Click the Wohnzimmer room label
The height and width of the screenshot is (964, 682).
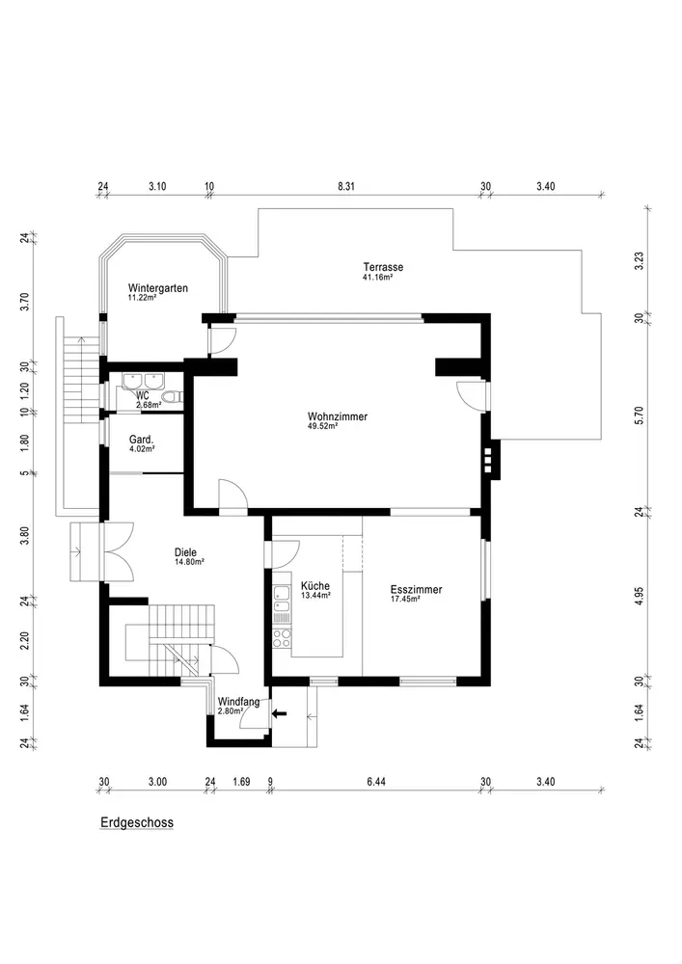[x=338, y=416]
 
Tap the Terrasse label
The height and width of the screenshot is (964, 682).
[x=383, y=267]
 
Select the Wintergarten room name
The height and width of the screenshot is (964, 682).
[x=158, y=287]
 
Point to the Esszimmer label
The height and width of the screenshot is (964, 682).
[x=417, y=590]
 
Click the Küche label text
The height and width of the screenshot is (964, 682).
[x=315, y=586]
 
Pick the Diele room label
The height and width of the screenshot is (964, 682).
[x=186, y=552]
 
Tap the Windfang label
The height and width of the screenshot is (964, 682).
[x=238, y=702]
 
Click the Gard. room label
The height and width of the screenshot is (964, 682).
[x=142, y=440]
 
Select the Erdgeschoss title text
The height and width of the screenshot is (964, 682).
[x=137, y=822]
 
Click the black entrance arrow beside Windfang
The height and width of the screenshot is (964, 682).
[x=279, y=713]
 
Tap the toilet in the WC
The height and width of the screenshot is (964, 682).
[x=175, y=396]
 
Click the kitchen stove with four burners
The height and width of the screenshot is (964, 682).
[x=283, y=637]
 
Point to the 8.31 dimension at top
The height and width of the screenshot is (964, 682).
[x=346, y=186]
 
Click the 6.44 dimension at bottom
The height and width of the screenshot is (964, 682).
[x=376, y=782]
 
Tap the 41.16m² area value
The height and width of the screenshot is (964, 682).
[x=378, y=278]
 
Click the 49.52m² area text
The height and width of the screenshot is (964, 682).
[x=323, y=426]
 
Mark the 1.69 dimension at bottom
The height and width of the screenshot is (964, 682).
[x=242, y=782]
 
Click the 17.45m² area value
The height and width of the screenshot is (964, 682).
[x=406, y=599]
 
